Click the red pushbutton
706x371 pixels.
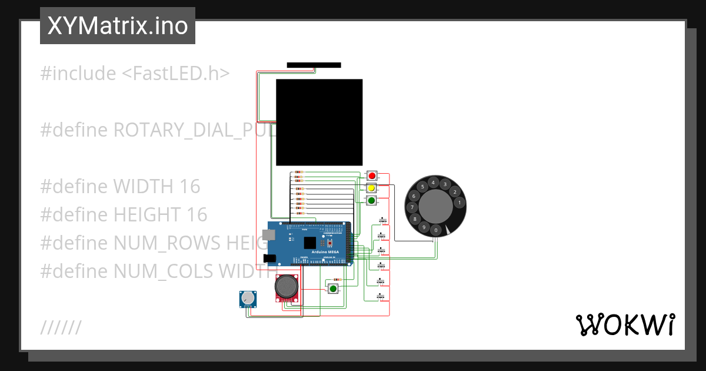click(x=372, y=175)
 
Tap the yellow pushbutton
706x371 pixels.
click(x=372, y=188)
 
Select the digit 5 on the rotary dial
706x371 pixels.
click(x=422, y=187)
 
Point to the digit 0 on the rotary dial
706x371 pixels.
click(x=436, y=230)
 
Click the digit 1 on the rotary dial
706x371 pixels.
click(x=459, y=203)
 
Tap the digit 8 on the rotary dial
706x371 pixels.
click(x=415, y=219)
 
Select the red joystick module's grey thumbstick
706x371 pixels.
click(x=286, y=287)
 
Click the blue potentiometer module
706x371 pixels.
click(x=248, y=299)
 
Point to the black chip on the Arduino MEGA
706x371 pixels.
click(x=310, y=243)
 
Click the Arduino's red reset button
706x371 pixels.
click(x=330, y=243)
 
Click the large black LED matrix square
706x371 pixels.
click(x=319, y=122)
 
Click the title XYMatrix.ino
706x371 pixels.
click(x=118, y=26)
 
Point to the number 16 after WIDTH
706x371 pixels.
click(x=190, y=187)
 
